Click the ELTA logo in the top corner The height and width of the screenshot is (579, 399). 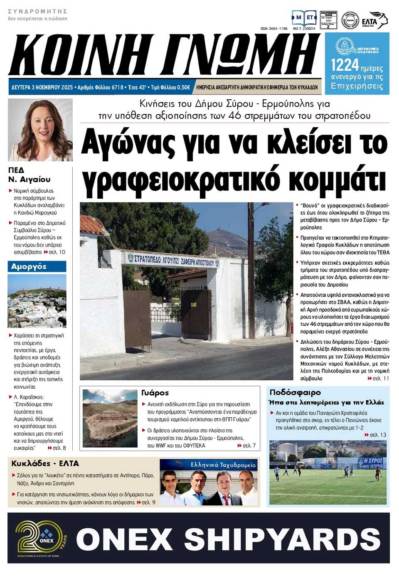tap(374, 20)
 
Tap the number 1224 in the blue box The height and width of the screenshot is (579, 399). tap(345, 65)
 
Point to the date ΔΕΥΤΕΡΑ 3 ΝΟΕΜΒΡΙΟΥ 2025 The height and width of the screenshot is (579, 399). tap(42, 87)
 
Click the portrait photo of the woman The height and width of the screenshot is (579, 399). tap(40, 130)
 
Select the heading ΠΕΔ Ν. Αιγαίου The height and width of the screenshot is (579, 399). tap(29, 175)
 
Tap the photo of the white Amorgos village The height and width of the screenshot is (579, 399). tap(37, 301)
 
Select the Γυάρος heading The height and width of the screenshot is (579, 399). tap(155, 393)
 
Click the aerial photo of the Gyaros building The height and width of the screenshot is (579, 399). tap(110, 418)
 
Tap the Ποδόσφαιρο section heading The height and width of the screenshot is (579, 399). tap(295, 392)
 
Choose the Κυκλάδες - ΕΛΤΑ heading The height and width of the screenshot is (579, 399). tap(45, 463)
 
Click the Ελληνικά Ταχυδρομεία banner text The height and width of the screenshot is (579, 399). tap(223, 465)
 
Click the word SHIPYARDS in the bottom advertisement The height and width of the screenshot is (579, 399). tap(282, 539)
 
